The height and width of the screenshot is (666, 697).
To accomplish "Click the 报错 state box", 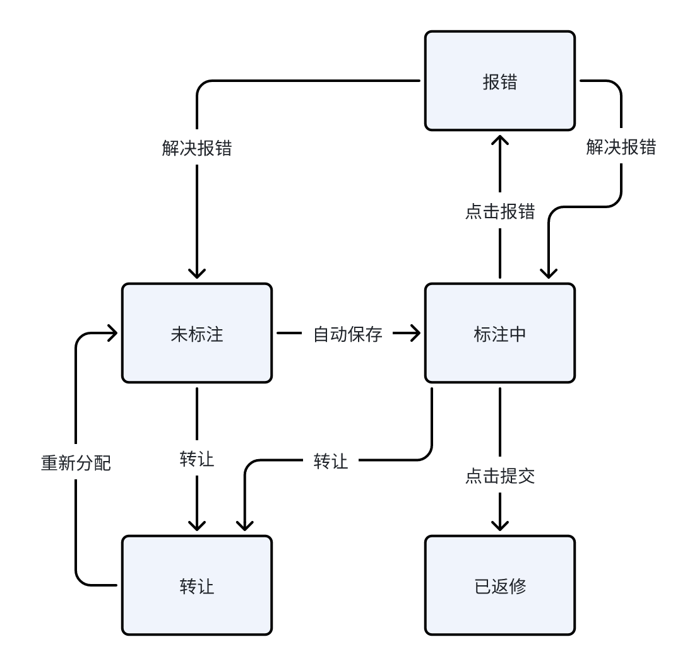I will (499, 81).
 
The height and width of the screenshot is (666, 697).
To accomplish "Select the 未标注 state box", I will (197, 334).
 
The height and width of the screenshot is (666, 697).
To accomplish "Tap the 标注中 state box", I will (499, 334).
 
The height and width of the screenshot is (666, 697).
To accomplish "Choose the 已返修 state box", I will (499, 586).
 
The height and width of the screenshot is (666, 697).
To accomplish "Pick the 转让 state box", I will (197, 586).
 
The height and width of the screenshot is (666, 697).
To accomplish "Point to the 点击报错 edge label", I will (499, 212).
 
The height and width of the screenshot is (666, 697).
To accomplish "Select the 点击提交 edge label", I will (499, 476).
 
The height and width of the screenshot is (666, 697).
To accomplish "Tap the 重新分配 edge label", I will (76, 464).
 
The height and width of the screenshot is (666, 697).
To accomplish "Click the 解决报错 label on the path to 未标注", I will (197, 148).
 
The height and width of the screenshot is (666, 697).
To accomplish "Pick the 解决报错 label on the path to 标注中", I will (621, 147).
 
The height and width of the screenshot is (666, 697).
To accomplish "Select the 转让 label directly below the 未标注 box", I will (197, 460).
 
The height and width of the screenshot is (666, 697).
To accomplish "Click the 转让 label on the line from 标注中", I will (331, 461).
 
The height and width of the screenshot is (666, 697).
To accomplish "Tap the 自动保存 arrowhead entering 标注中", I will (414, 334).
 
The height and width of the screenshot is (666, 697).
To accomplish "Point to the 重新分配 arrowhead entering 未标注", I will (112, 334).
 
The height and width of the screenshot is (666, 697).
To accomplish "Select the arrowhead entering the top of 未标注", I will (197, 272).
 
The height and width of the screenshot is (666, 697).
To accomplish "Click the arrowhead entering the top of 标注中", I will (548, 272).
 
